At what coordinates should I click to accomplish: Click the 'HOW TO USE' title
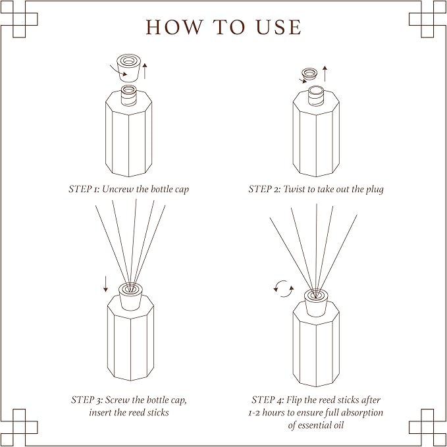click(223, 27)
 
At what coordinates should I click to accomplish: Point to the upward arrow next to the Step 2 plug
click(325, 73)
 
